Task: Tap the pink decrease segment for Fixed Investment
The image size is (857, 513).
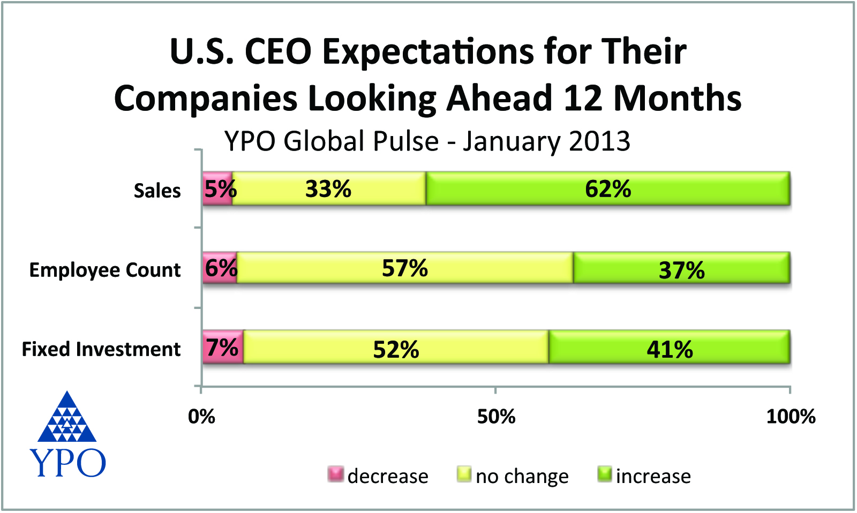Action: (x=223, y=348)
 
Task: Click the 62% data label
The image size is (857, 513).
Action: (x=608, y=189)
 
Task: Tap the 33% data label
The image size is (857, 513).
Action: (x=328, y=189)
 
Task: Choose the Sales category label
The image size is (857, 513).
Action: (x=157, y=191)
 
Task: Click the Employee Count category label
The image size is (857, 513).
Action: (x=104, y=270)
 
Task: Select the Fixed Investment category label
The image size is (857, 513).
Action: (x=101, y=349)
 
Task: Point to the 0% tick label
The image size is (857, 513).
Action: (x=201, y=417)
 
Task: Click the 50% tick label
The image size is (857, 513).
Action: (x=496, y=417)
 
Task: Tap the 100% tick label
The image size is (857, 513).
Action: (x=791, y=417)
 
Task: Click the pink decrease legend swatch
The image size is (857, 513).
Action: (x=336, y=474)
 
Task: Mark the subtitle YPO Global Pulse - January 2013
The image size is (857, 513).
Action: (x=427, y=141)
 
